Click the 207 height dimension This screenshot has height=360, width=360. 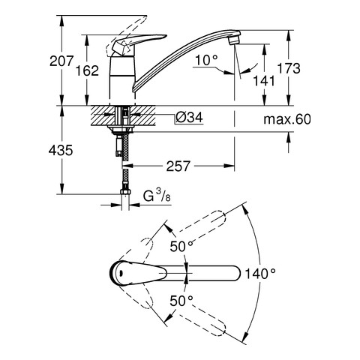point(61,61)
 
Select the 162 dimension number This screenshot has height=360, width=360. point(87,70)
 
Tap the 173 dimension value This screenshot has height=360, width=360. point(289,68)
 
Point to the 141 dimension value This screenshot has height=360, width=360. point(264,81)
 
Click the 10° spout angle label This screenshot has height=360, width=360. point(206,61)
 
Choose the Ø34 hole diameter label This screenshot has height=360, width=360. point(189,117)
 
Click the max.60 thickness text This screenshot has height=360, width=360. point(287,119)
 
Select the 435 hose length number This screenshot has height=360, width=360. point(61,151)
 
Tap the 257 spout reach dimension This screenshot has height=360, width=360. point(178,166)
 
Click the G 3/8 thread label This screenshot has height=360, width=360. point(157,196)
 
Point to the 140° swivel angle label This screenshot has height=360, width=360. point(260,274)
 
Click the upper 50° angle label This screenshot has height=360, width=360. point(181,246)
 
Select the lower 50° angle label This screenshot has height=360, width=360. point(181,301)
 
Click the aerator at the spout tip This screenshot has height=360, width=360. point(235,40)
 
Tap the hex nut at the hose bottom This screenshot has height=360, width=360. point(125,192)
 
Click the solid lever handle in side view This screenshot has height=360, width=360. point(136,43)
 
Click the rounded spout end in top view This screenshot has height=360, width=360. point(235,273)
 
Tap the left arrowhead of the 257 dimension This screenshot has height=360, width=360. point(127,166)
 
